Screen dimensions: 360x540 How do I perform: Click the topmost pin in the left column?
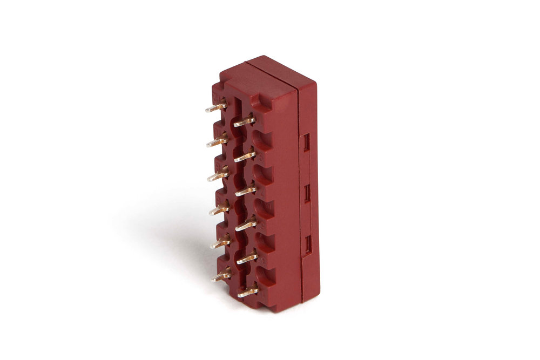pyautogui.click(x=216, y=107)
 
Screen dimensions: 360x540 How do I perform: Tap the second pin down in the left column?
pyautogui.click(x=218, y=142)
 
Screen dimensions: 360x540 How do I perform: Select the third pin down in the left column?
pyautogui.click(x=219, y=175)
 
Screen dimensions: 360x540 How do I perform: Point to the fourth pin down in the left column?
pyautogui.click(x=220, y=209)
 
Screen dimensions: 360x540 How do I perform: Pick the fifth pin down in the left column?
pyautogui.click(x=221, y=243)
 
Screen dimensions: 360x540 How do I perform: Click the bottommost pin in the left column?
pyautogui.click(x=221, y=276)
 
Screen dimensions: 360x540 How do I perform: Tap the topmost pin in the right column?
pyautogui.click(x=244, y=121)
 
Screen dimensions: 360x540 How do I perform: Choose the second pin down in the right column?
pyautogui.click(x=245, y=156)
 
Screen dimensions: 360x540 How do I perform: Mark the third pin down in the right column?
pyautogui.click(x=246, y=190)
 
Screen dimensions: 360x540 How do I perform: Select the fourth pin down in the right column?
pyautogui.click(x=247, y=223)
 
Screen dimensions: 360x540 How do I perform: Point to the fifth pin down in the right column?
pyautogui.click(x=247, y=257)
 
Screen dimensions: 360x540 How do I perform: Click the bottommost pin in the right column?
pyautogui.click(x=248, y=291)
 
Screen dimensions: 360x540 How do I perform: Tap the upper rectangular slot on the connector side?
pyautogui.click(x=307, y=142)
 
